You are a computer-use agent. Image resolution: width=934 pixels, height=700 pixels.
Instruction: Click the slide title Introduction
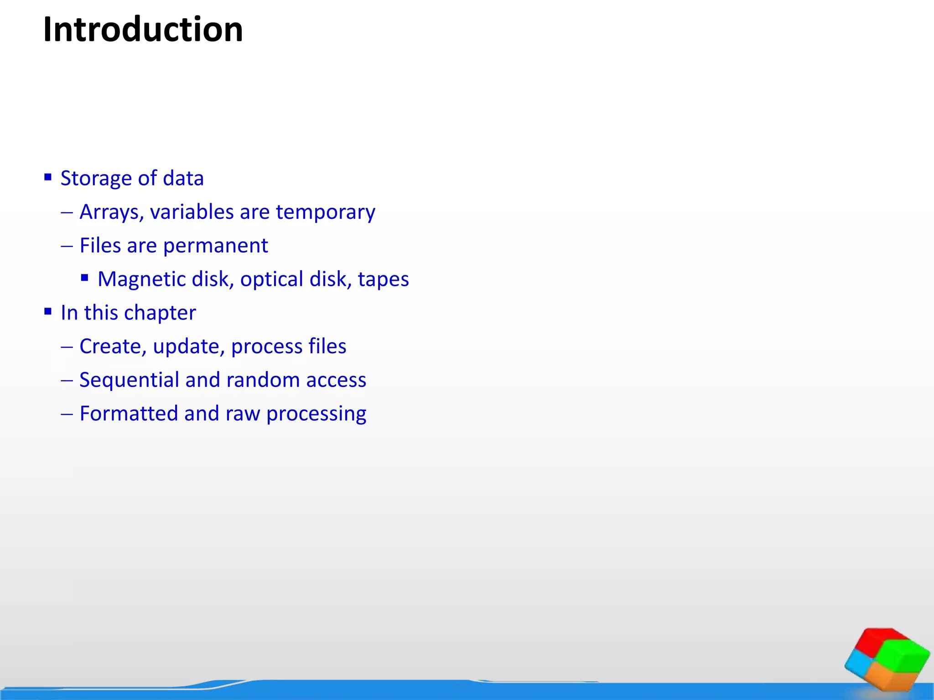[x=143, y=30]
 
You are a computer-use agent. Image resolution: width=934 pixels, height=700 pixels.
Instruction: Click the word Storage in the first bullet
[x=96, y=178]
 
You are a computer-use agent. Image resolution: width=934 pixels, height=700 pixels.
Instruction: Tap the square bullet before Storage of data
[x=48, y=177]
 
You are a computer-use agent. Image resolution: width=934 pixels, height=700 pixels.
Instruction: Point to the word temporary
[x=325, y=212]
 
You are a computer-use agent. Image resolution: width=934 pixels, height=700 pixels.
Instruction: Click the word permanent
[x=215, y=246]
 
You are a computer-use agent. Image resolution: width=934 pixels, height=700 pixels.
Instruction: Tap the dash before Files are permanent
[x=67, y=246]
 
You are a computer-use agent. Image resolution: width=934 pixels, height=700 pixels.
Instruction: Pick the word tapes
[x=383, y=279]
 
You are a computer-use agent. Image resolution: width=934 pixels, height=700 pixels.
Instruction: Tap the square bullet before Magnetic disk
[x=84, y=278]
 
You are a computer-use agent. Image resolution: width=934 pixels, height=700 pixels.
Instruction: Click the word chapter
[x=160, y=313]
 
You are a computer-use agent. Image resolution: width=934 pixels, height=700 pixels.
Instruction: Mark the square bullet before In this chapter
[x=48, y=312]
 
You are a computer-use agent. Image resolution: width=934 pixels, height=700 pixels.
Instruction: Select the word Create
[x=113, y=346]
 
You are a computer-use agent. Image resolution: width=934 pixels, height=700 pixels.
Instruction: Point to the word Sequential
[x=129, y=380]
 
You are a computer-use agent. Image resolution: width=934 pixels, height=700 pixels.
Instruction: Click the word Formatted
[x=129, y=414]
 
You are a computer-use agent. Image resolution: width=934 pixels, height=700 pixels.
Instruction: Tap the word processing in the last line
[x=316, y=414]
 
